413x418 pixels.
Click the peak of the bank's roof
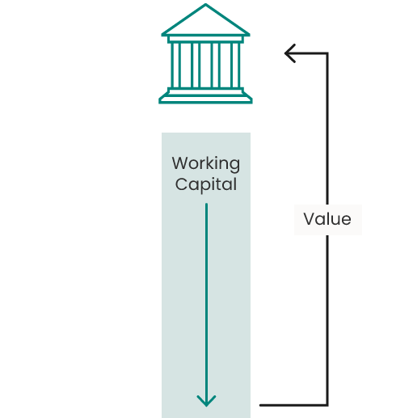click(x=205, y=5)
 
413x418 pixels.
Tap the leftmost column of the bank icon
click(x=176, y=65)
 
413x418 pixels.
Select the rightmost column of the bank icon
click(x=235, y=65)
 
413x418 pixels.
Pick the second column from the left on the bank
click(x=196, y=65)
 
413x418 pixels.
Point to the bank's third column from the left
click(x=216, y=65)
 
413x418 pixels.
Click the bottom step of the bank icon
click(x=205, y=99)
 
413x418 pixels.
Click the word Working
click(x=206, y=164)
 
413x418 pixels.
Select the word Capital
click(x=206, y=185)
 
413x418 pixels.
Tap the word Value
click(x=327, y=219)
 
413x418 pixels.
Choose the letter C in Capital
click(x=180, y=184)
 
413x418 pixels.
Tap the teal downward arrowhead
click(x=206, y=401)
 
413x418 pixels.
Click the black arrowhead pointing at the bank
click(x=290, y=53)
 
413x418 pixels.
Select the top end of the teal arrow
click(x=206, y=204)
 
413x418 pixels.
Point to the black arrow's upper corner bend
click(x=327, y=53)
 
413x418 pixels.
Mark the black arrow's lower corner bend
click(x=327, y=405)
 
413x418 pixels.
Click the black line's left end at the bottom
click(x=260, y=405)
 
